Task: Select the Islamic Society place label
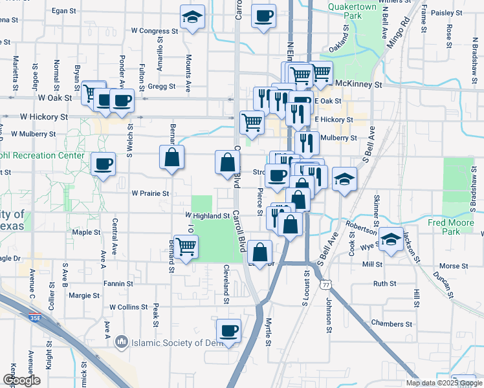point(171,342)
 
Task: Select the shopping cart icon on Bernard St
point(186,246)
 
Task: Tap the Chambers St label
point(392,323)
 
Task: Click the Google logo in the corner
point(21,380)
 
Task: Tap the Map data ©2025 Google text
point(443,383)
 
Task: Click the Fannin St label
point(118,283)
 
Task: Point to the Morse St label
point(454,266)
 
